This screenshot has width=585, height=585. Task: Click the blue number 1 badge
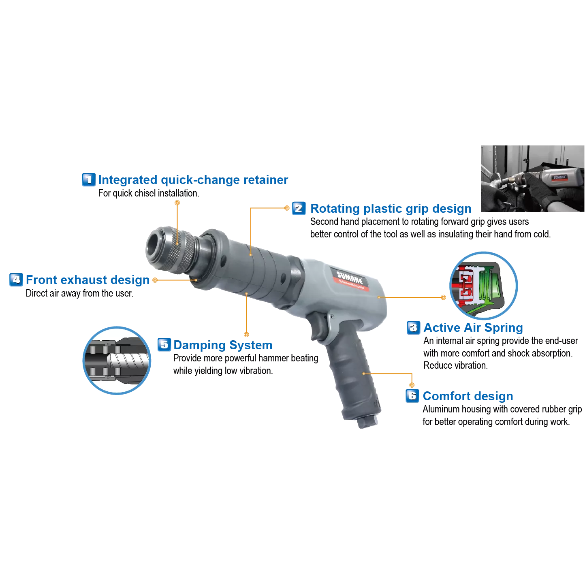pyautogui.click(x=89, y=179)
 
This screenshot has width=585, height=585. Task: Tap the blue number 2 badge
pyautogui.click(x=299, y=208)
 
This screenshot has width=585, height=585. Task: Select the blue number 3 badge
pyautogui.click(x=413, y=328)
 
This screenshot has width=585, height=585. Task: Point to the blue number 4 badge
pyautogui.click(x=16, y=280)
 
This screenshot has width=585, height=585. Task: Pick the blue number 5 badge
pyautogui.click(x=164, y=345)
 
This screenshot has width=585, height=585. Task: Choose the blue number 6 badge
pyautogui.click(x=412, y=396)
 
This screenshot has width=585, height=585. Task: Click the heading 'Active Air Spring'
pyautogui.click(x=473, y=328)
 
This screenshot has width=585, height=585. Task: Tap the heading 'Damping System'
pyautogui.click(x=223, y=345)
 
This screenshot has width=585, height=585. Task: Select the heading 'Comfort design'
pyautogui.click(x=468, y=396)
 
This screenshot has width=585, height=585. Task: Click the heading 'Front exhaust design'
pyautogui.click(x=88, y=280)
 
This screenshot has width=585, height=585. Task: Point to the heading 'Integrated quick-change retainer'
pyautogui.click(x=193, y=180)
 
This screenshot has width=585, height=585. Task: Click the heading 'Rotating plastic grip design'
pyautogui.click(x=391, y=209)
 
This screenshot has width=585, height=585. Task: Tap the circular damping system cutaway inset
pyautogui.click(x=117, y=361)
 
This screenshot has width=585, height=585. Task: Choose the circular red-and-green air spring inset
pyautogui.click(x=484, y=286)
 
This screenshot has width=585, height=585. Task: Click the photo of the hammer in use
pyautogui.click(x=533, y=179)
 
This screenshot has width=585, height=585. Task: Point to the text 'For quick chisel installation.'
pyautogui.click(x=149, y=193)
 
